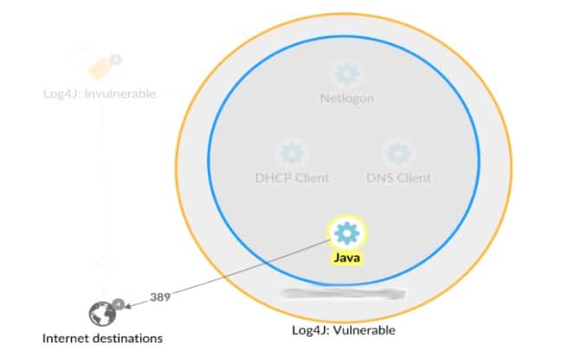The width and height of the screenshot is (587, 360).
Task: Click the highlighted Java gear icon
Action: click(x=346, y=232)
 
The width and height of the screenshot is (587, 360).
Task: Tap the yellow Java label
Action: click(x=346, y=257)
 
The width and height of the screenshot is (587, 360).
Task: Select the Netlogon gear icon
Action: click(x=346, y=73)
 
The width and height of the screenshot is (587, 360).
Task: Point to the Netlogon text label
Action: click(x=346, y=99)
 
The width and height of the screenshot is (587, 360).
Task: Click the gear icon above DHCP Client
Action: click(x=292, y=153)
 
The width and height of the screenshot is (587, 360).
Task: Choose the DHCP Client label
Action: click(x=292, y=178)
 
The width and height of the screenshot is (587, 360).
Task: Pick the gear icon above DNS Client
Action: click(x=398, y=153)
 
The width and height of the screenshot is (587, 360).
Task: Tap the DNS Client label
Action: click(x=398, y=178)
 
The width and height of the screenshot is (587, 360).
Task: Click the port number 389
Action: click(x=160, y=296)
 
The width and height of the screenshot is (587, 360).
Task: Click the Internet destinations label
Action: click(x=102, y=338)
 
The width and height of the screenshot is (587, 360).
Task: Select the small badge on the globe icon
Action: click(x=119, y=304)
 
